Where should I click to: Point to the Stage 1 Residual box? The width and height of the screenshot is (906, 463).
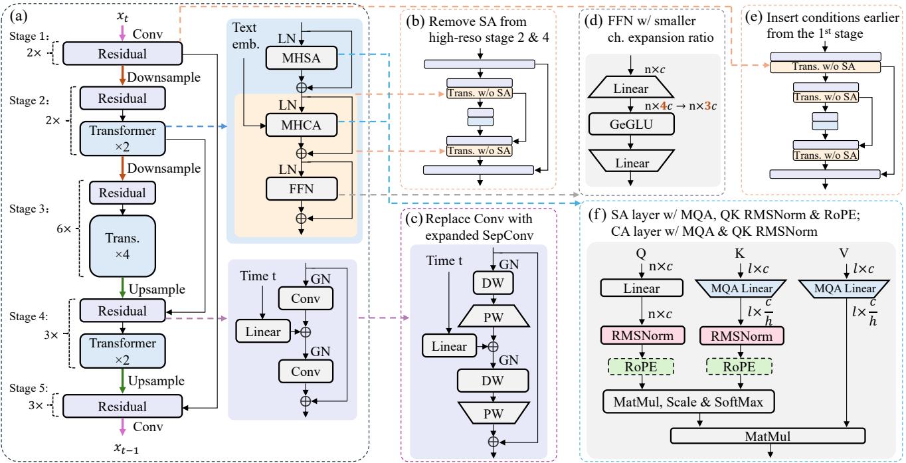(122, 54)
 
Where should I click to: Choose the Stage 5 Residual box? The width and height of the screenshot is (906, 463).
(122, 405)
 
